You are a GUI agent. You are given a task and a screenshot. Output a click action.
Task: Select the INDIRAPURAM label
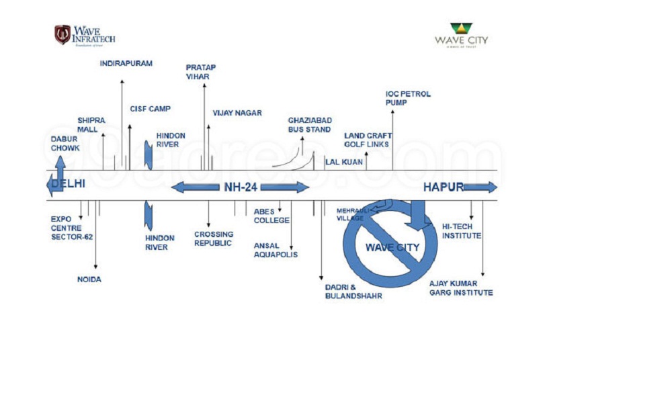pos(126,63)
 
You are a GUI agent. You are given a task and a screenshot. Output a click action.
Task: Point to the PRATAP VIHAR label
pos(200,72)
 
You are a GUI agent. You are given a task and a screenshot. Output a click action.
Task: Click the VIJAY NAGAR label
pos(237,113)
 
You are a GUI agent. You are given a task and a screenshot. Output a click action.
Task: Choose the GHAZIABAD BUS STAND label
pos(310,124)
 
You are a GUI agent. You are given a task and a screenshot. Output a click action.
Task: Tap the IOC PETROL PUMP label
pos(408,98)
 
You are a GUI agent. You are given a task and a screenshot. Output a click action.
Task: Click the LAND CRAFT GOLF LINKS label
pos(368,140)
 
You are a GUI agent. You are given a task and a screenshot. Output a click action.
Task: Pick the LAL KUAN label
pos(344,162)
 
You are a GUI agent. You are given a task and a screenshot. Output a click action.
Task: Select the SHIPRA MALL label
pos(87,124)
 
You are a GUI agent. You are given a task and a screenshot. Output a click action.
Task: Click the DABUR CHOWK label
pos(65,143)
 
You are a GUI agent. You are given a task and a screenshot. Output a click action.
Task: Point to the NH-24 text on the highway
pos(241,187)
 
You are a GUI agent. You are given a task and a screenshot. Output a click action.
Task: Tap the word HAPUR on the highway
pos(443,187)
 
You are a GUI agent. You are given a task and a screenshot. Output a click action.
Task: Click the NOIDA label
pos(89,279)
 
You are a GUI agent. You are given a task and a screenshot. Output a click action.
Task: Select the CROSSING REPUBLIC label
pos(214,238)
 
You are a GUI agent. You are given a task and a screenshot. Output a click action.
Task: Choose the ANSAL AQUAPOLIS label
pos(276,250)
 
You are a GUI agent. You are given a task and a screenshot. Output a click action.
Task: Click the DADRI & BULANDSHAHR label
pos(353,291)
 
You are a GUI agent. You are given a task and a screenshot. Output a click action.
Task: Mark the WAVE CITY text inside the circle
pos(392,247)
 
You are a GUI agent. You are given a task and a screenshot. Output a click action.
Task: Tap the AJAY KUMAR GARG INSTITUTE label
pos(461,287)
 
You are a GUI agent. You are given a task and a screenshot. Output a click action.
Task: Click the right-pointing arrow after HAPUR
pos(480,187)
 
